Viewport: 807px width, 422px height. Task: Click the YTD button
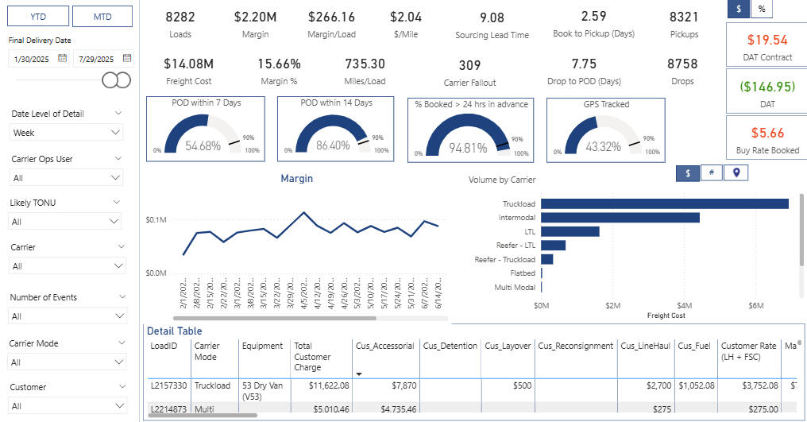37,16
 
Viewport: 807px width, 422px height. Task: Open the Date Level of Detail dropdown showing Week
67,133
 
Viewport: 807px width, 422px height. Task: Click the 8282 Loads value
180,17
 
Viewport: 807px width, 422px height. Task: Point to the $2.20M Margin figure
255,17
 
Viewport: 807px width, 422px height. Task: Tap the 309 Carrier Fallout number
469,65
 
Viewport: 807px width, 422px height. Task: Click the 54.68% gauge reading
203,146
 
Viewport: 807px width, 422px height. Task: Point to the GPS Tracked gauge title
605,103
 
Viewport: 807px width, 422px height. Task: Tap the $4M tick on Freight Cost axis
684,305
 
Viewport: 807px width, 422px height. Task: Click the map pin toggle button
736,172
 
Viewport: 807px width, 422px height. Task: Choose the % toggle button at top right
761,8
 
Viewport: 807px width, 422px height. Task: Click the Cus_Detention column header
450,346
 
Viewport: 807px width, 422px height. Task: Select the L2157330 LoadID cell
169,385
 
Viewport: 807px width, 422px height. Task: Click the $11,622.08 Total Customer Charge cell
321,385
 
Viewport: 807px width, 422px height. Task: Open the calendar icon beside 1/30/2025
63,58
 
